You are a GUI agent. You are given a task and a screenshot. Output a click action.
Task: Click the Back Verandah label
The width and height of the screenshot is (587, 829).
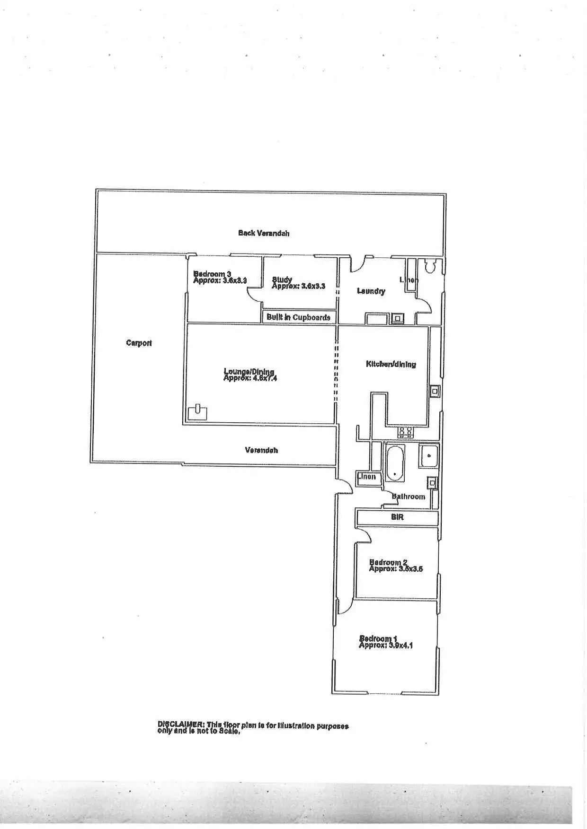coord(264,233)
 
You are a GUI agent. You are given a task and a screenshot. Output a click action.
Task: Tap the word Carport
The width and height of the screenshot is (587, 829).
coord(139,343)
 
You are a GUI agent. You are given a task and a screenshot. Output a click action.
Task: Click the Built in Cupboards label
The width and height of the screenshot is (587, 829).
coord(298,317)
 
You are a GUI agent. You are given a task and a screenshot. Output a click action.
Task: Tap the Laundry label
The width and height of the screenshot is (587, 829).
coord(371,291)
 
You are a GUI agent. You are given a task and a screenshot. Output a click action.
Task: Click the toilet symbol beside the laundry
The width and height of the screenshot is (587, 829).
coord(430,267)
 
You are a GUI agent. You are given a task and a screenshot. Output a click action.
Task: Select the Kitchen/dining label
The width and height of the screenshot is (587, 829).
coord(391,364)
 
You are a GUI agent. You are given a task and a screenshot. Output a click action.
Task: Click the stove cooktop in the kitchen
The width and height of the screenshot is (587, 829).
coord(405,431)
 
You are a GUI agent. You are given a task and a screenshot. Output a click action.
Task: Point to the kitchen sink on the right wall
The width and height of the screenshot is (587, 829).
coord(434,391)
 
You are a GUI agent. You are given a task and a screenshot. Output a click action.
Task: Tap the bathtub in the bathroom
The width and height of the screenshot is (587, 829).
coord(394,462)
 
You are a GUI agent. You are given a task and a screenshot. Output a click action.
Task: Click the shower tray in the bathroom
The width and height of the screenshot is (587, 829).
coord(429,456)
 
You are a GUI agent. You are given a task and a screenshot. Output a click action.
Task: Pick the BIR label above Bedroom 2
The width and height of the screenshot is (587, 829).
coord(397,517)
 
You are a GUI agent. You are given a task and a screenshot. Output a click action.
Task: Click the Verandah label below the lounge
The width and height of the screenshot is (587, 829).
coord(261,450)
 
